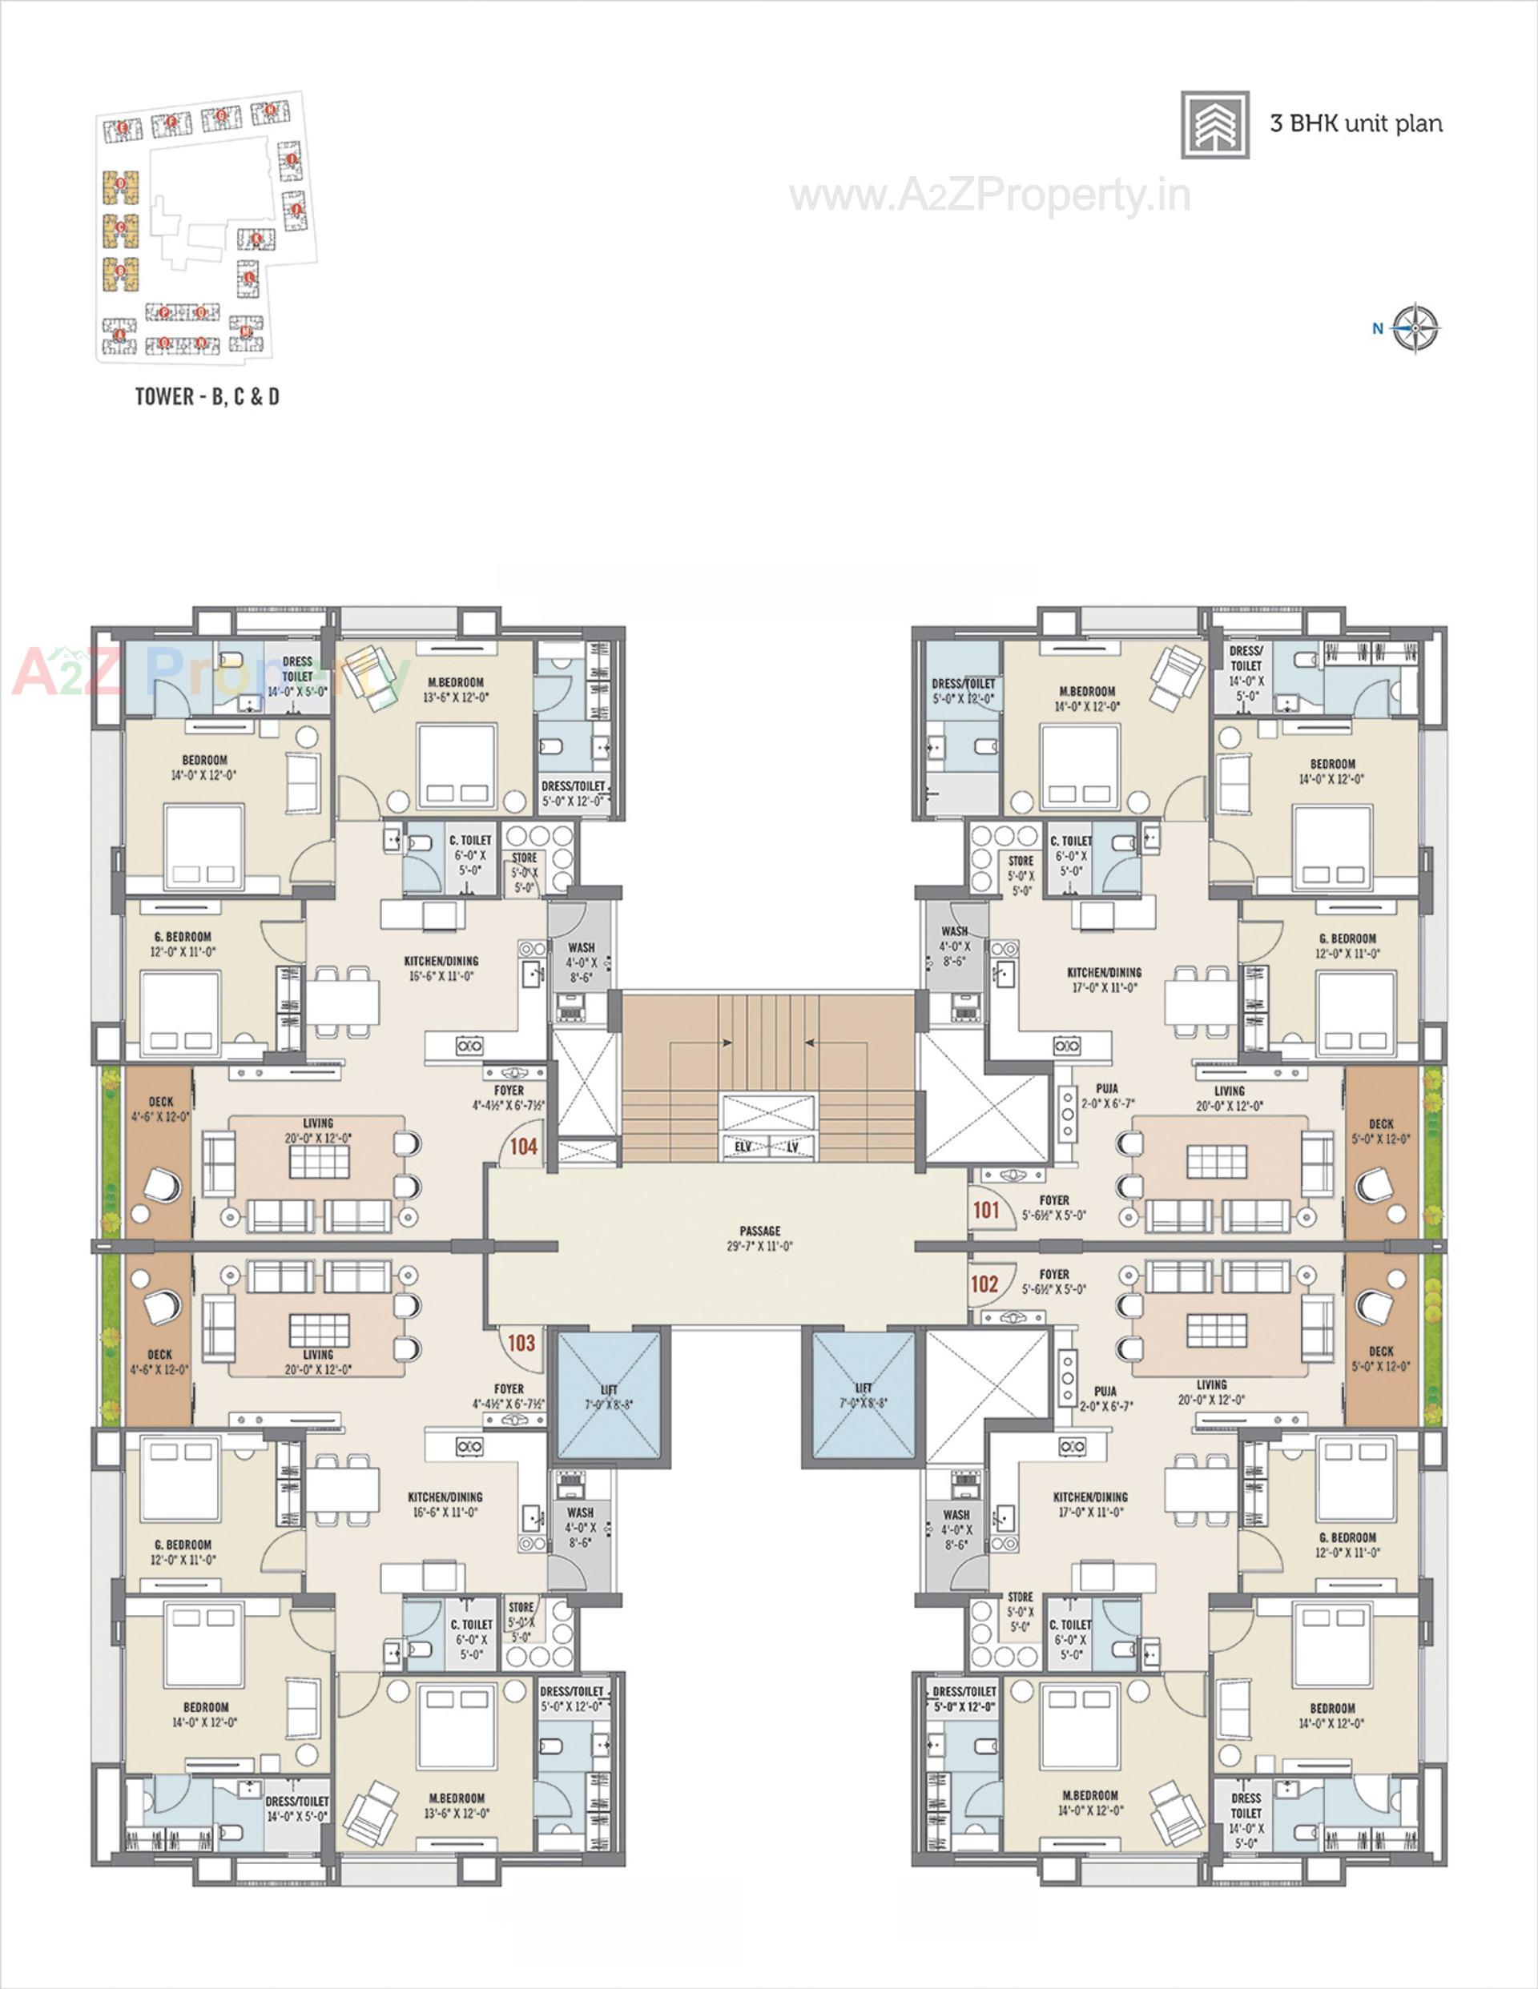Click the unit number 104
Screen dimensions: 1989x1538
point(523,1147)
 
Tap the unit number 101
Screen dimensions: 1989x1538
point(986,1211)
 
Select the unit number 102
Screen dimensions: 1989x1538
point(984,1284)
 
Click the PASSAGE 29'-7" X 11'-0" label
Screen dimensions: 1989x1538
point(760,1239)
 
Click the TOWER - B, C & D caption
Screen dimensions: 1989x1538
point(207,396)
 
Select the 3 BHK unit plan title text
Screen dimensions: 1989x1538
point(1356,124)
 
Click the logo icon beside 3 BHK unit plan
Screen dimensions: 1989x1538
point(1214,125)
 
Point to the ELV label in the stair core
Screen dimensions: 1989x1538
point(743,1147)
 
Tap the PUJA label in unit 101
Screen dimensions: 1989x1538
point(1107,1088)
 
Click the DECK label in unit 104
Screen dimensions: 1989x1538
point(160,1102)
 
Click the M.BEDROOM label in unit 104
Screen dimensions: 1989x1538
point(456,682)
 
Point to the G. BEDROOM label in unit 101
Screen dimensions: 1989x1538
point(1347,938)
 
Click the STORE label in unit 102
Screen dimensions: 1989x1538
point(1021,1597)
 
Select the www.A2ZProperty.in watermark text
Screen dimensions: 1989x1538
point(989,196)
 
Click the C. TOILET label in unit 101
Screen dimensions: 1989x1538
point(1070,842)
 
